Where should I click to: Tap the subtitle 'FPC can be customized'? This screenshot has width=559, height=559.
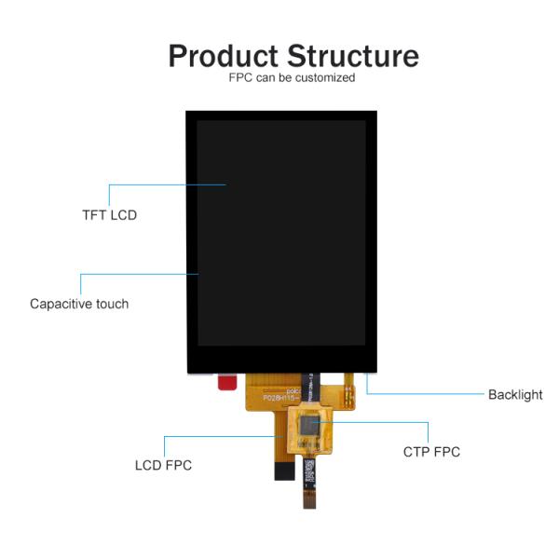coord(292,78)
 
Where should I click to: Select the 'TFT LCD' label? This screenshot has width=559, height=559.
coord(109,215)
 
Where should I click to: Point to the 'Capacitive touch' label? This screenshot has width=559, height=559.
coord(79,304)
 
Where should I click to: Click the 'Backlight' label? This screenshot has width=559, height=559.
coord(515,394)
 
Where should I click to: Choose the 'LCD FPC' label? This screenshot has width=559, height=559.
coord(163,465)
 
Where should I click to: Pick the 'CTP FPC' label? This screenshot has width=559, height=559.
coord(431,452)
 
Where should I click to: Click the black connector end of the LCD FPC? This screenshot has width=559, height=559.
coord(283,470)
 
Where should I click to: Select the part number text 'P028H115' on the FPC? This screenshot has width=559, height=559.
coord(279,397)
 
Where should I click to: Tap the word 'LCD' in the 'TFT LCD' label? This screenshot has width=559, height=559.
coord(123,215)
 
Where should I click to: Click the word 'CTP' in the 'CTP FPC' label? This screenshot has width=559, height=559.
coord(417,452)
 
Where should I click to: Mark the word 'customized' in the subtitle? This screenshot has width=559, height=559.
coord(324,78)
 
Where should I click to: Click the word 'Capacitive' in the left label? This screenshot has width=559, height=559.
coord(60,304)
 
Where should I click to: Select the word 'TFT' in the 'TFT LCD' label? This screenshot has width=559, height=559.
coord(94,215)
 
